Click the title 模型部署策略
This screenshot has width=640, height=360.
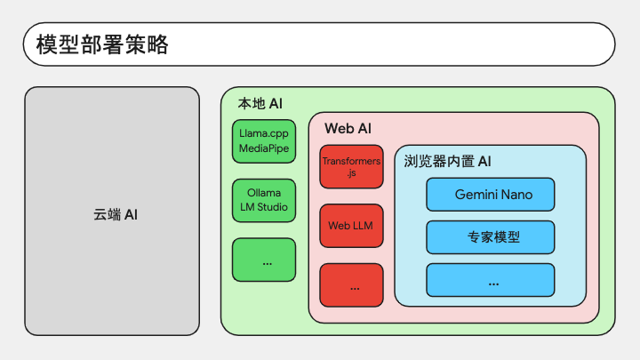[x=102, y=44]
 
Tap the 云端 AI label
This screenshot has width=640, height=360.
[x=116, y=214]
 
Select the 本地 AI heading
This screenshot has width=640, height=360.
[x=260, y=104]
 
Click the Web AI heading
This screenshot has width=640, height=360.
[x=348, y=129]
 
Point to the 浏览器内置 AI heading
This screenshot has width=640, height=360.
[x=447, y=161]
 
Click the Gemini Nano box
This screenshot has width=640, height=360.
[x=490, y=195]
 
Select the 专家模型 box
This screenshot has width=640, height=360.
[x=490, y=237]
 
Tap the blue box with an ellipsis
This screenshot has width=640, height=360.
[x=490, y=280]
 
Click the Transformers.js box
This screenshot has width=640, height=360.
[x=351, y=166]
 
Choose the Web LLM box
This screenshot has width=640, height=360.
[x=351, y=226]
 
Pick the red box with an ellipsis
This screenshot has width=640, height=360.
[x=351, y=285]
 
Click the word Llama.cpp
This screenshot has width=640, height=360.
[x=264, y=134]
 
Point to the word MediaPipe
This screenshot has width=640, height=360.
[x=264, y=148]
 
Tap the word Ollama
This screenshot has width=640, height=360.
[x=264, y=193]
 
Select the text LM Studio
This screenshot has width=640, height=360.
[x=264, y=207]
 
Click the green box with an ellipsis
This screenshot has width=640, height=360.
[x=264, y=260]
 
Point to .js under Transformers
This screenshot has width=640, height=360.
[x=351, y=173]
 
